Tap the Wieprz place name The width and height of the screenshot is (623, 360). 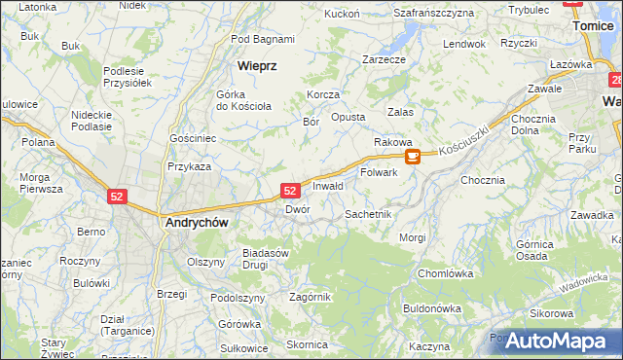point(258,65)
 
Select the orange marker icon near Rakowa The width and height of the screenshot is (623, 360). point(413,156)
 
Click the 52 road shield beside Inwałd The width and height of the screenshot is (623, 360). point(289,190)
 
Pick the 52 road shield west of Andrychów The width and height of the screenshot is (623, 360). point(117,196)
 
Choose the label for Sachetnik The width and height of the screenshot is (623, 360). point(368,213)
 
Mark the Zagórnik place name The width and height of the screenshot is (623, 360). point(311,297)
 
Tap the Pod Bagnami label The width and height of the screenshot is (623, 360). point(263,39)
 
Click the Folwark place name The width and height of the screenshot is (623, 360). point(379,172)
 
